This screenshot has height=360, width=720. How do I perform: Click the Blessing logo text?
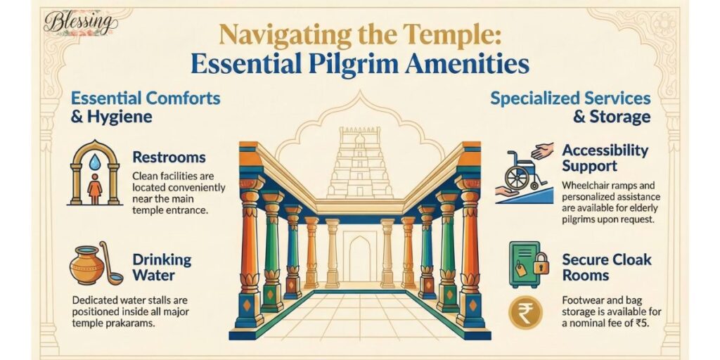[x=78, y=22]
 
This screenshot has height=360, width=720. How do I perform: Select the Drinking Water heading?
[x=161, y=269]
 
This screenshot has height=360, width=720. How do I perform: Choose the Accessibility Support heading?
[x=605, y=158]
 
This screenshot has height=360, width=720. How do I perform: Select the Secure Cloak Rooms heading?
[x=607, y=267]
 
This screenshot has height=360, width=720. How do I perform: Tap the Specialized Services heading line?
[x=570, y=98]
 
